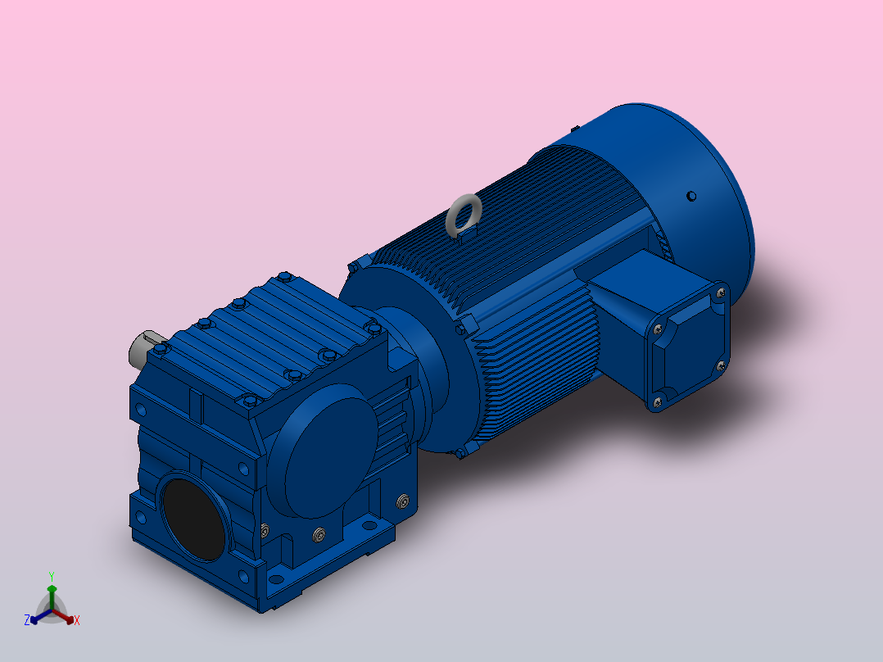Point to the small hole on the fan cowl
[x=691, y=196]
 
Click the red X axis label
[x=77, y=621]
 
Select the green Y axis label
[x=51, y=576]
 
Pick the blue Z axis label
[x=27, y=620]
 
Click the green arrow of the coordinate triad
[x=51, y=593]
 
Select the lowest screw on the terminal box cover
[x=656, y=401]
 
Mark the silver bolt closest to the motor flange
[x=401, y=501]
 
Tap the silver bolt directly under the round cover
[x=318, y=536]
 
